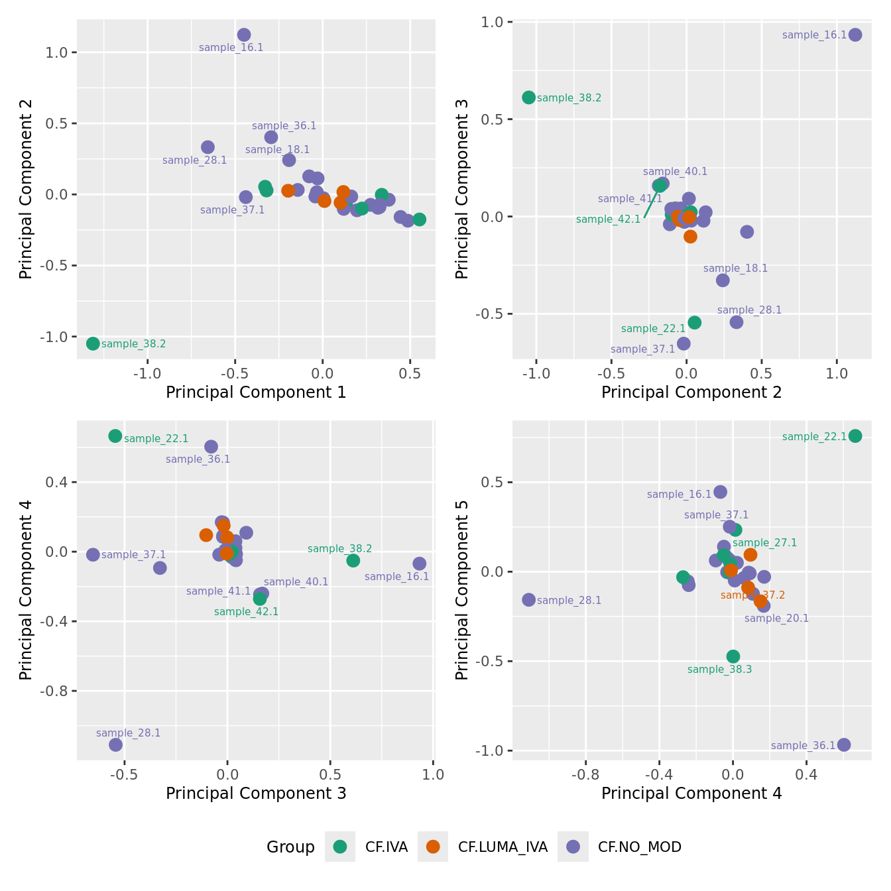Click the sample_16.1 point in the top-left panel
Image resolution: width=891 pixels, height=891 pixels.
pyautogui.click(x=244, y=35)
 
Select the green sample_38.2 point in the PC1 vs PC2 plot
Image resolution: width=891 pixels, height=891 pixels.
pyautogui.click(x=93, y=343)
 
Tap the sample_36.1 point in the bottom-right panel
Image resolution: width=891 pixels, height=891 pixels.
pyautogui.click(x=844, y=744)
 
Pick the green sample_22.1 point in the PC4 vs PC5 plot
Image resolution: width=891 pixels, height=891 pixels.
pyautogui.click(x=855, y=436)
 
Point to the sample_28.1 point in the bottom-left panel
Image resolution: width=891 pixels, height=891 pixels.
pyautogui.click(x=116, y=744)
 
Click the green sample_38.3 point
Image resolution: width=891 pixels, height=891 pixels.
pyautogui.click(x=733, y=656)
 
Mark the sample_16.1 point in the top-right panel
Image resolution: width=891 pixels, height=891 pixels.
pyautogui.click(x=855, y=35)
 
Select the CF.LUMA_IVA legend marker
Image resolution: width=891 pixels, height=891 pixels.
pyautogui.click(x=433, y=847)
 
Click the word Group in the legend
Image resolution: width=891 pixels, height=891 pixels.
pyautogui.click(x=290, y=847)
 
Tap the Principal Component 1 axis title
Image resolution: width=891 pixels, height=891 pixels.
pyautogui.click(x=256, y=392)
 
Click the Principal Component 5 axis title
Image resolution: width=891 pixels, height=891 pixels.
pyautogui.click(x=462, y=589)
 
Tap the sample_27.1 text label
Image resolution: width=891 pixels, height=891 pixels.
pyautogui.click(x=764, y=543)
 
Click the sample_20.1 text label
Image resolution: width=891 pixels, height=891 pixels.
pyautogui.click(x=776, y=619)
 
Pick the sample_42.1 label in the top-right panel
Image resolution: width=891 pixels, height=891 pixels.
pyautogui.click(x=608, y=219)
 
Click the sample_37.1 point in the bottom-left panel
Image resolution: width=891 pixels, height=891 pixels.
pyautogui.click(x=93, y=554)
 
